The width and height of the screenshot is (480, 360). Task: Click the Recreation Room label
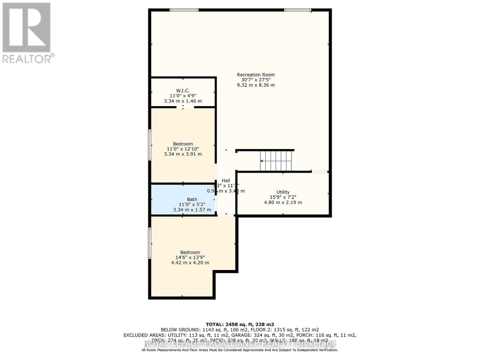256,75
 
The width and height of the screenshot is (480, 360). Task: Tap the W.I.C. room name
183,91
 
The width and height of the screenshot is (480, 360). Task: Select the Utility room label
283,192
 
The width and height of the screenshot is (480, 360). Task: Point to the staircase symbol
276,161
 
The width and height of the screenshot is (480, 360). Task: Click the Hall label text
226,180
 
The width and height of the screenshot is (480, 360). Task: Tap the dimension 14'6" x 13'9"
190,257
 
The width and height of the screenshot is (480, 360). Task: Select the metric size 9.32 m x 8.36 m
256,85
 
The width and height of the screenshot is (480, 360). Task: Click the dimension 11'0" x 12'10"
183,149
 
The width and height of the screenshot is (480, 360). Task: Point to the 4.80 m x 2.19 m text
283,202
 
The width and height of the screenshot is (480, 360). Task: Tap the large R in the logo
26,28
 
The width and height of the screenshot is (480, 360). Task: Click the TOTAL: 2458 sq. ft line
240,324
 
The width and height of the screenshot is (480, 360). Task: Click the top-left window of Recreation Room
184,10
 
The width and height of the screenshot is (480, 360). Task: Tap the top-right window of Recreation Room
298,10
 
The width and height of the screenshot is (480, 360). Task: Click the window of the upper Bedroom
150,145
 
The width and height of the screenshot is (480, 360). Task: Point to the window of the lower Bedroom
150,243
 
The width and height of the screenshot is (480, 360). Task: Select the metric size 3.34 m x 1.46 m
183,101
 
